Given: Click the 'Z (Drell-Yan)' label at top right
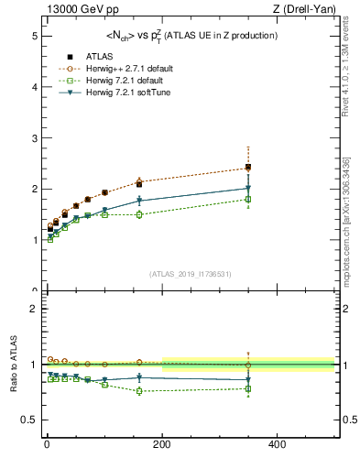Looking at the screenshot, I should pos(305,10).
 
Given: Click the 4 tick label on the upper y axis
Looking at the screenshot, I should pos(33,87).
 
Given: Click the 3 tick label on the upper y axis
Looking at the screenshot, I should pos(33,138).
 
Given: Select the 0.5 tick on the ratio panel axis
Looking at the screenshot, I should pos(30,420).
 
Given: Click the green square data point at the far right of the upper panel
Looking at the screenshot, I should pos(247,199).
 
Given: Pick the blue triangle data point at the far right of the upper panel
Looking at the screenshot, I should pos(247,188).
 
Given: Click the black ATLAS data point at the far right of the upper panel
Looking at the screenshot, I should pos(247,168).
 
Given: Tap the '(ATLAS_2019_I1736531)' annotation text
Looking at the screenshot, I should pos(190,274).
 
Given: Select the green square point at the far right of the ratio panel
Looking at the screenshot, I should pos(247,388).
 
